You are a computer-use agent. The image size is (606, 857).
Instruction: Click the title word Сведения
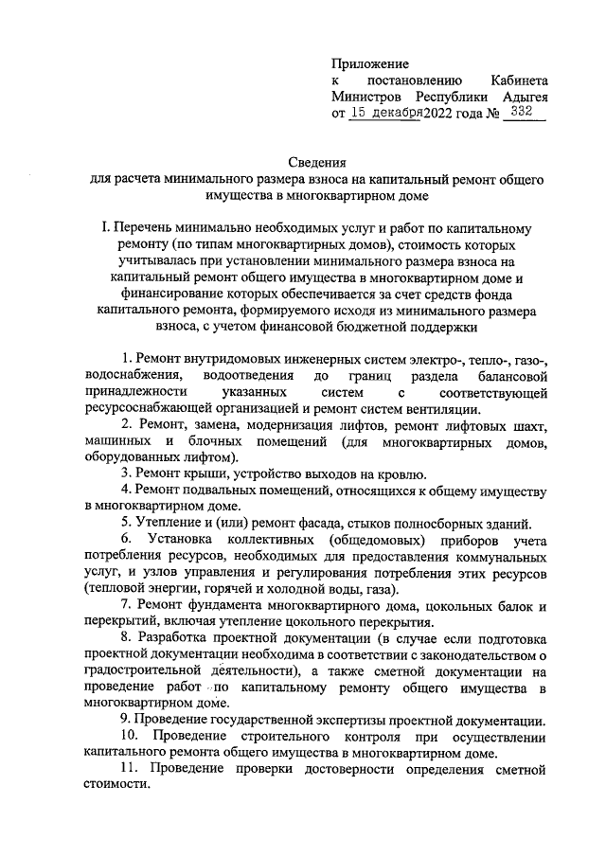pos(318,163)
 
